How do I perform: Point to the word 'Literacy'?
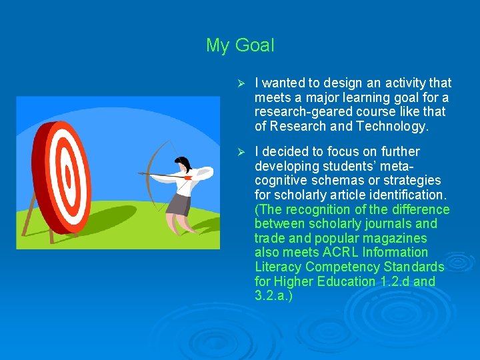(x=277, y=267)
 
